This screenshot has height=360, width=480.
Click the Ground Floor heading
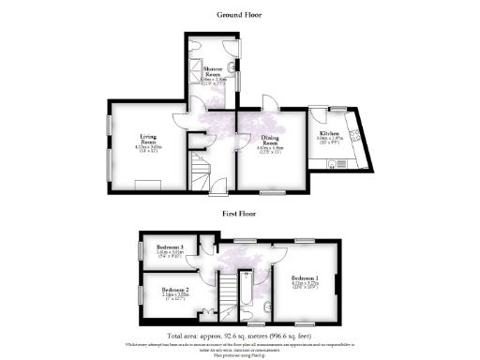pyautogui.click(x=239, y=15)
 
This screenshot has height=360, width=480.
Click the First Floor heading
pyautogui.click(x=240, y=214)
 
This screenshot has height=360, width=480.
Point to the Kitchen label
pyautogui.click(x=327, y=134)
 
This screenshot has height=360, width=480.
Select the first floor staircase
pyautogui.click(x=229, y=298)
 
